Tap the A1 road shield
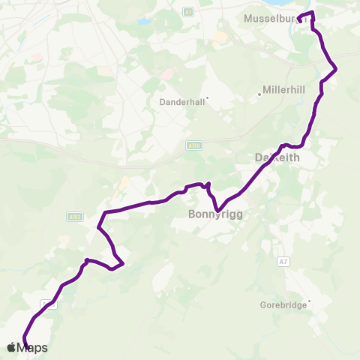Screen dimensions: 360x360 [x=188, y=12]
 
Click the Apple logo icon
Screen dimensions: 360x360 [x=11, y=347]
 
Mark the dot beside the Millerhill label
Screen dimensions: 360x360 [x=259, y=94]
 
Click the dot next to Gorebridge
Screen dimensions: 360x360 [x=309, y=302]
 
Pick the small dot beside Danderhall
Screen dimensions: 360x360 [x=207, y=97]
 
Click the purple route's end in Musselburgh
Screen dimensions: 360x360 [x=299, y=20]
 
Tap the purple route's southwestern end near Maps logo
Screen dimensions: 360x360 [x=25, y=344]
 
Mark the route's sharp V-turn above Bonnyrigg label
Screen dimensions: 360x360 [x=209, y=184]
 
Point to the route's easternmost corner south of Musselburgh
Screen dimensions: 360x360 [x=335, y=70]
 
